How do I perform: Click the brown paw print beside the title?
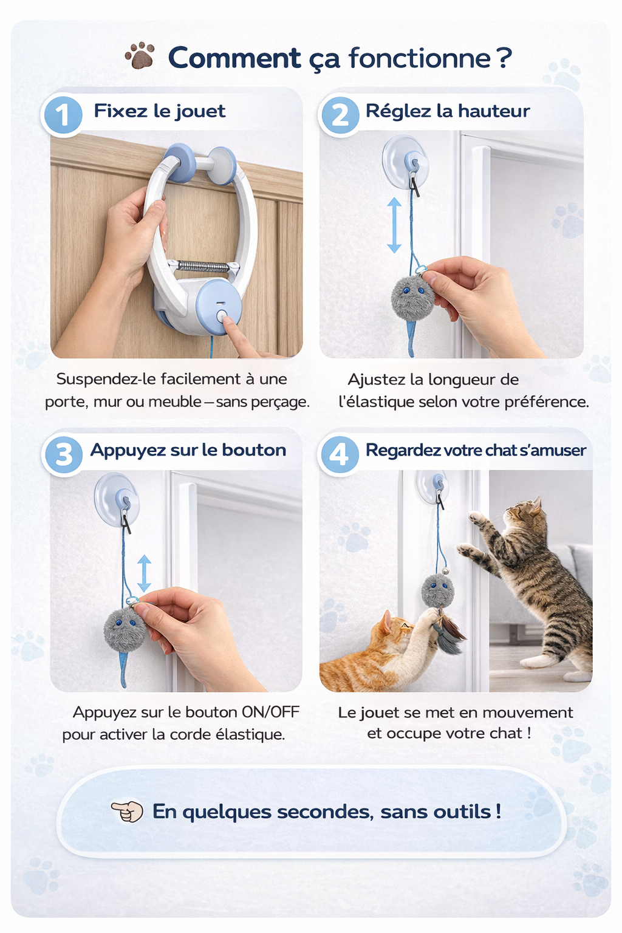coord(140,55)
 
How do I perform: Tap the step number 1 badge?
coord(62,115)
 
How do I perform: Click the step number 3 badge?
coord(63,454)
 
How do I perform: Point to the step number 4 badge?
coord(339,454)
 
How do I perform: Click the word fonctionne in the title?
coord(420,58)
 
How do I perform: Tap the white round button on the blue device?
coord(222,316)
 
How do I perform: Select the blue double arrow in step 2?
coord(394,225)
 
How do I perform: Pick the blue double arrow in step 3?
coord(144,573)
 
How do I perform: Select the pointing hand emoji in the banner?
coord(127,811)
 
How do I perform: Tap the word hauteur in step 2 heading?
coord(494,111)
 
